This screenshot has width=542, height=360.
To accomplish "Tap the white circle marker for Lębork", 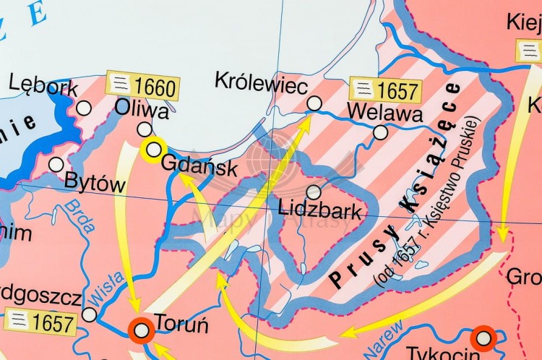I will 84,108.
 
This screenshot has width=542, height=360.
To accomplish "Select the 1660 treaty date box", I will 142,87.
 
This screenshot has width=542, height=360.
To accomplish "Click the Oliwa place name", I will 142,111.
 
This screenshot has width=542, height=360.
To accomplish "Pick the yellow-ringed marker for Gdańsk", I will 153,150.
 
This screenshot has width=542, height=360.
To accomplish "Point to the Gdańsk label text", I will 199,166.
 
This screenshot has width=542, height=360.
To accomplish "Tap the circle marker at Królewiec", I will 314,103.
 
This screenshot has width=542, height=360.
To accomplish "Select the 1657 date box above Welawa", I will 384,90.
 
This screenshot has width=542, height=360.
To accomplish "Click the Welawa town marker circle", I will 380,132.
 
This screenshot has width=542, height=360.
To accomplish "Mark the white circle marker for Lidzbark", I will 314,192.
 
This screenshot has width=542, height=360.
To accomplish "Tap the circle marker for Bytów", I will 56,164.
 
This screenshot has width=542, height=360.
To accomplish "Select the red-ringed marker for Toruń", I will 142,330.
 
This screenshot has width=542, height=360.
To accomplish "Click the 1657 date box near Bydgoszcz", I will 39,321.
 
